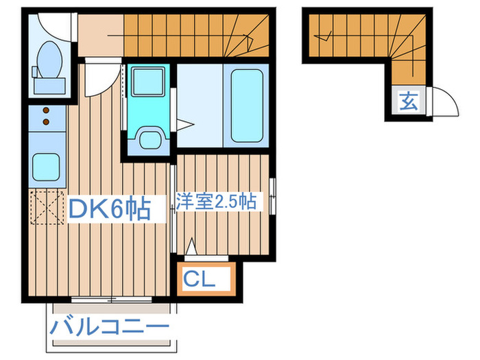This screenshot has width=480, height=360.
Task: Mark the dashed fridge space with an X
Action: coord(46,206)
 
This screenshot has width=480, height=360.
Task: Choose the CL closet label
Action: coord(200,279)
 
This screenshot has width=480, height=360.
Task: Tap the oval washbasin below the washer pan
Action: coord(147,139)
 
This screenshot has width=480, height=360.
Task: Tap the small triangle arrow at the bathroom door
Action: coord(184,124)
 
